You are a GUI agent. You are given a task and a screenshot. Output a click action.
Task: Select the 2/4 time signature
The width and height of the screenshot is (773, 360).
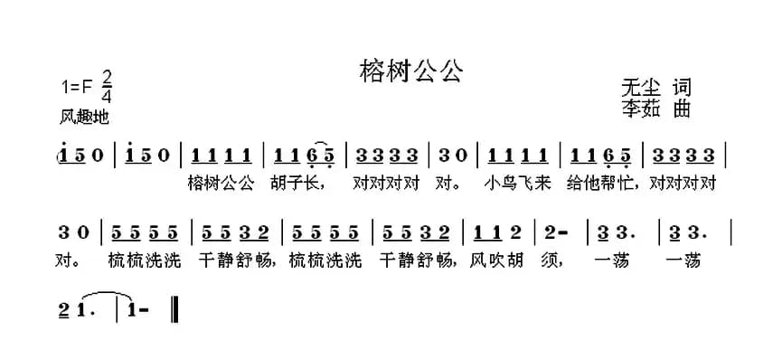click(108, 85)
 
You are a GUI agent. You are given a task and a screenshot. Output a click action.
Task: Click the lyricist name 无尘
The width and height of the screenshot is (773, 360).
click(641, 88)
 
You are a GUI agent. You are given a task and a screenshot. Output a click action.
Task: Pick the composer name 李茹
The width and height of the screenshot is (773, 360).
click(641, 109)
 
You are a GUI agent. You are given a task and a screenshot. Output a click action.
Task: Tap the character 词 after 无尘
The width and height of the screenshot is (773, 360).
click(682, 88)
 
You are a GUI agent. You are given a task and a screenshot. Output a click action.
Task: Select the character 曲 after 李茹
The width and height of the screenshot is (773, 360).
click(682, 109)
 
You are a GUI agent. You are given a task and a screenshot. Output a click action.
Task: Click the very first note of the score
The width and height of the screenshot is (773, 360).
click(63, 154)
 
